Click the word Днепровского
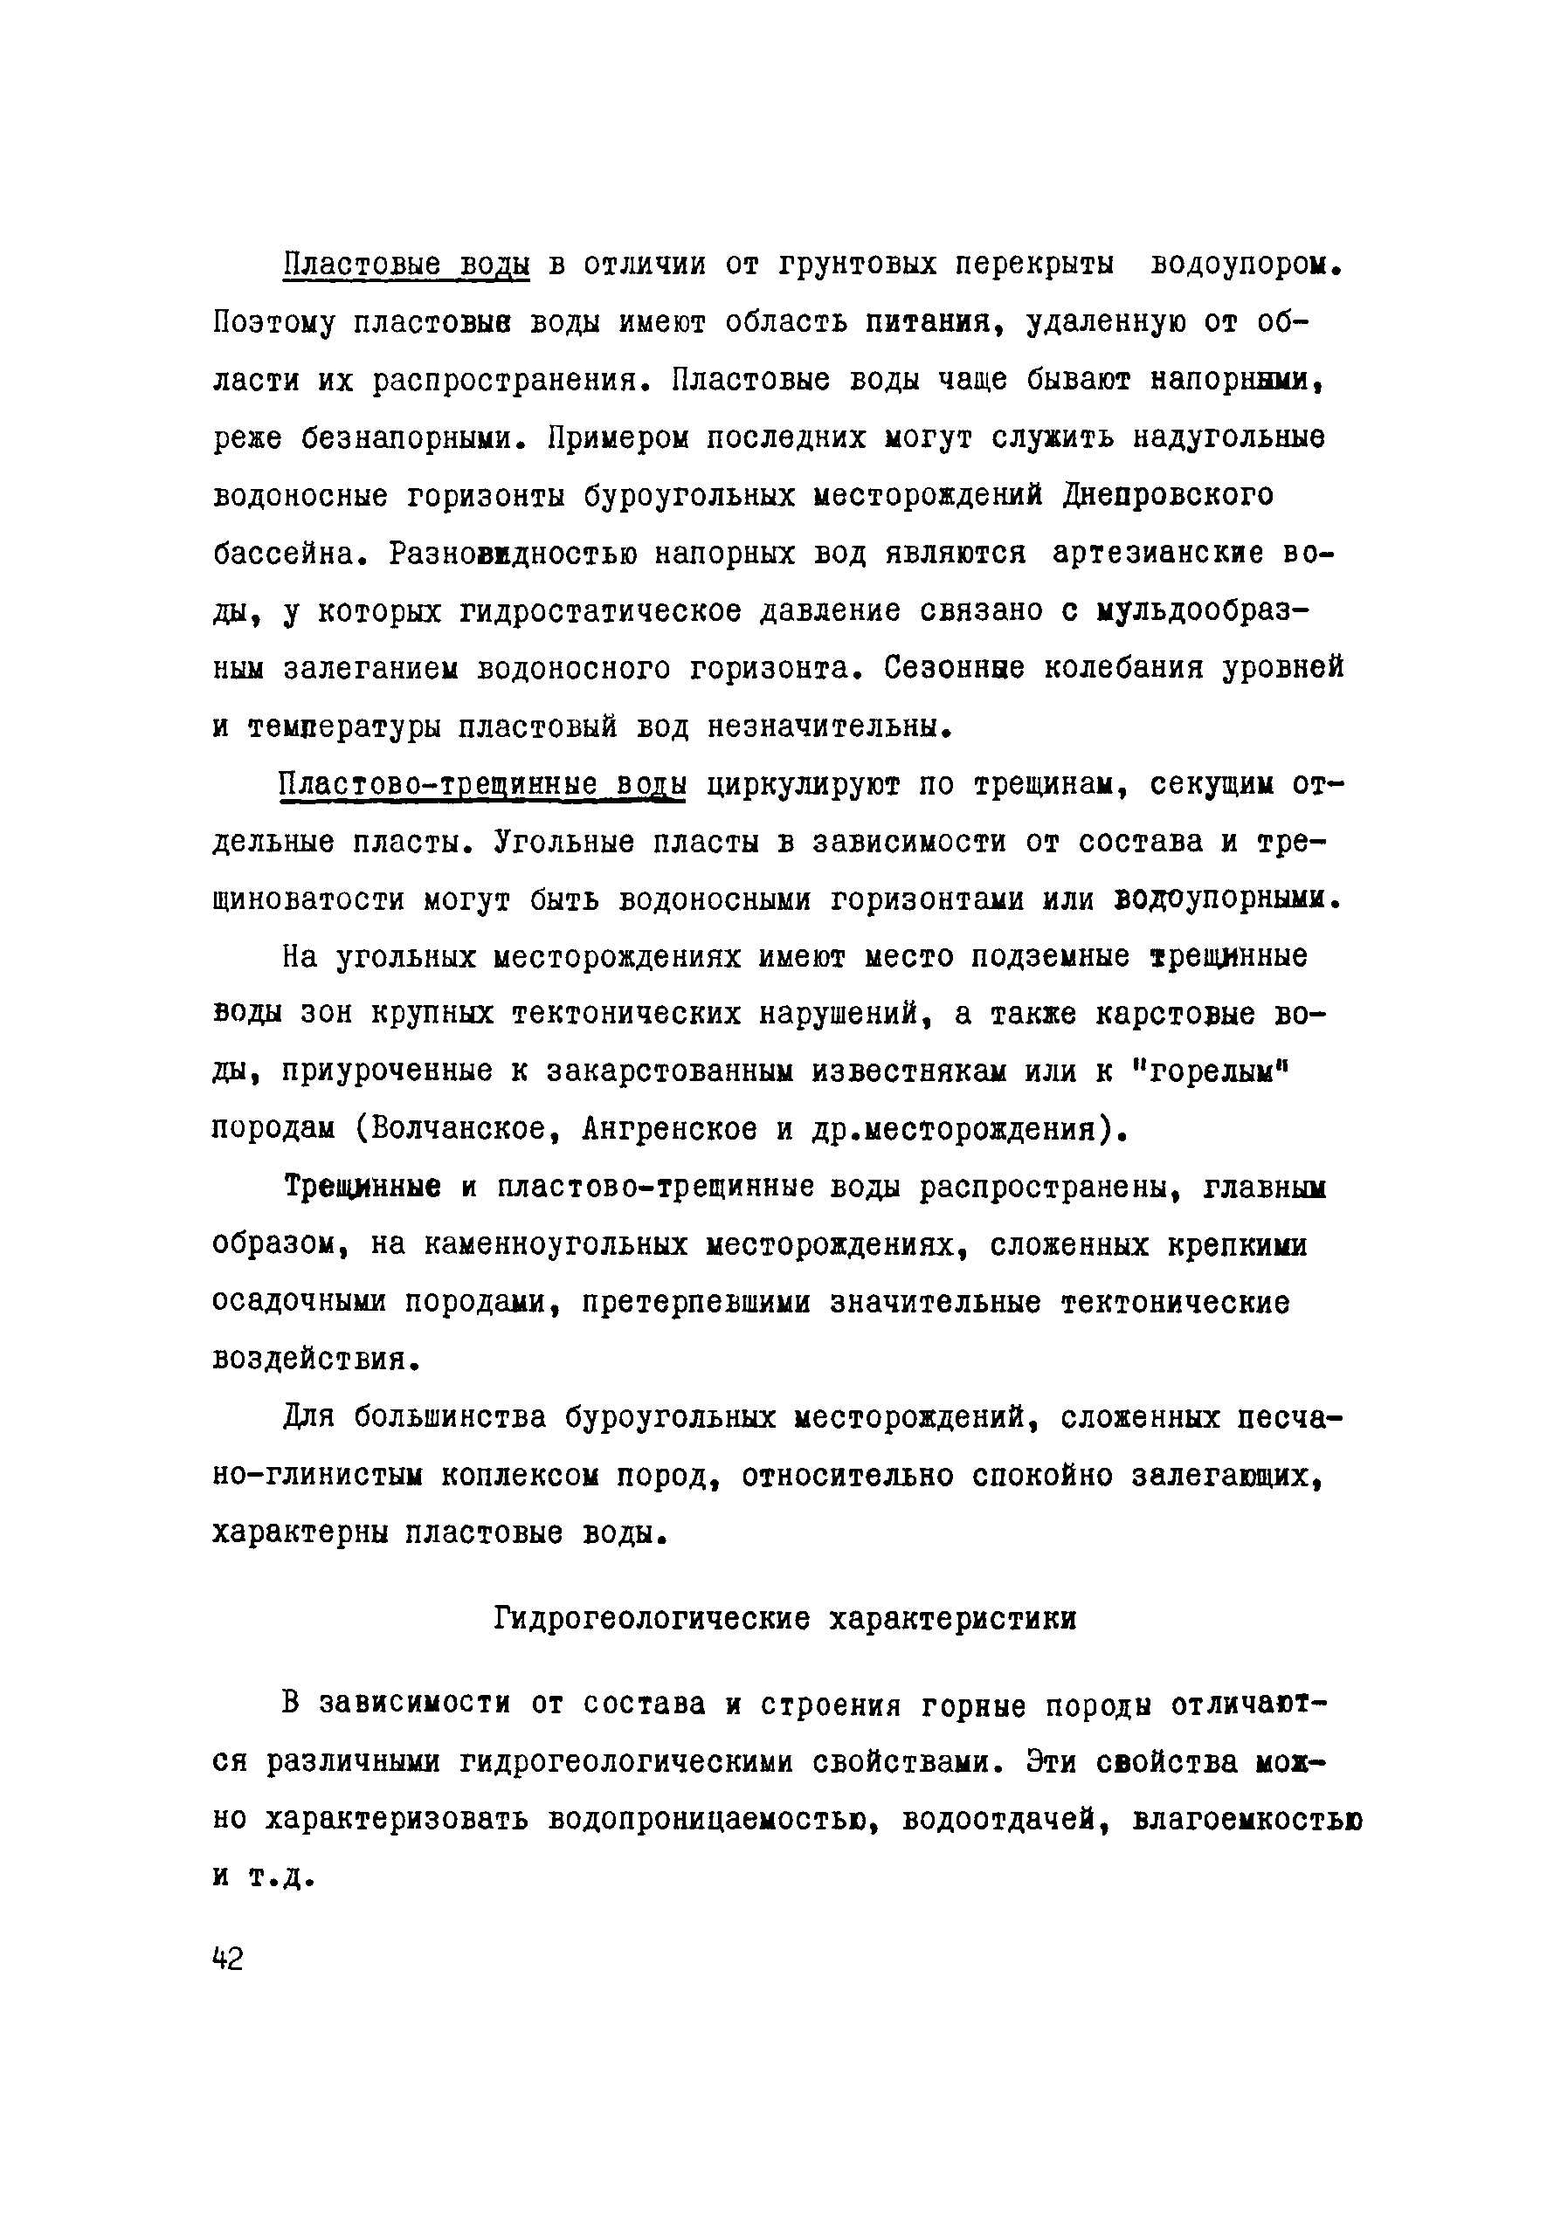pos(1167,496)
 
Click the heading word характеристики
pos(953,1619)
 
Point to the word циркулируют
pos(802,785)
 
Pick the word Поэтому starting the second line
pos(273,321)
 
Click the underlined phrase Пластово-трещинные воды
pos(481,785)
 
